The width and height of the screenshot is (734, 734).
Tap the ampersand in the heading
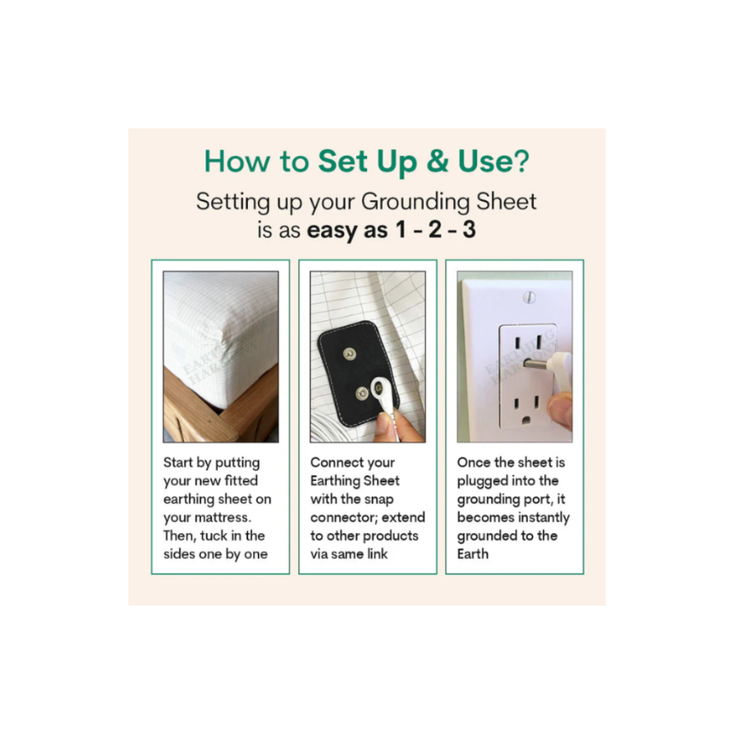(438, 161)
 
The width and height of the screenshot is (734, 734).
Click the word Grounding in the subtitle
(416, 203)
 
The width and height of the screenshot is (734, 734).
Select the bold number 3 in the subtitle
(469, 229)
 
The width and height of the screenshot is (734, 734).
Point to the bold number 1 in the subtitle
(401, 229)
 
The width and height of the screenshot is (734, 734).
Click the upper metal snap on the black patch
(350, 354)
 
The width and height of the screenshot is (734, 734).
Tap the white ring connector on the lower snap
(379, 388)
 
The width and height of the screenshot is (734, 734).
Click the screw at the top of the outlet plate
(529, 297)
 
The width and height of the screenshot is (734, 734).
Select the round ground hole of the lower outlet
(526, 419)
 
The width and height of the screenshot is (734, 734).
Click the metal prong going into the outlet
(537, 363)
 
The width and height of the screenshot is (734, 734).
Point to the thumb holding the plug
(561, 411)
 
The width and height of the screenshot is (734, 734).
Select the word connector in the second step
(341, 517)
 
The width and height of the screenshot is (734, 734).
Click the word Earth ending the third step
(473, 554)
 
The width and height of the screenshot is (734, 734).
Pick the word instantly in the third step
(542, 517)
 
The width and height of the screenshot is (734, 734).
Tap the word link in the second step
(377, 554)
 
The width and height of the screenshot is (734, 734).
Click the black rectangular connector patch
(358, 373)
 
